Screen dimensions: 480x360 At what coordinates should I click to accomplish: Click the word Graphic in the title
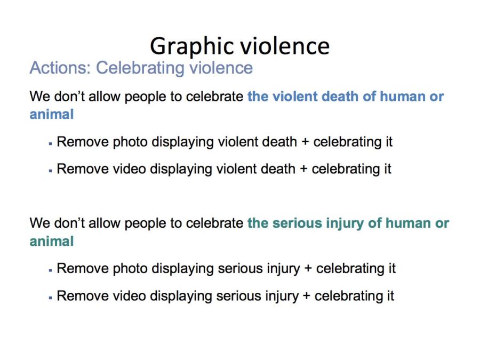pyautogui.click(x=192, y=46)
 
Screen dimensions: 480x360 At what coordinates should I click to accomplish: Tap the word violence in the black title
pyautogui.click(x=285, y=46)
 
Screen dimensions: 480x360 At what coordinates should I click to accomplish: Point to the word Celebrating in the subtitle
pyautogui.click(x=140, y=68)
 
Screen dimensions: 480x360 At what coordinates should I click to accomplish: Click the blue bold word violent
pyautogui.click(x=295, y=97)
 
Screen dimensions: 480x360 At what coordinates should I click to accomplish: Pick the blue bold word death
pyautogui.click(x=340, y=97)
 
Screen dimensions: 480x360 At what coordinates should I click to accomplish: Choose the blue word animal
pyautogui.click(x=52, y=115)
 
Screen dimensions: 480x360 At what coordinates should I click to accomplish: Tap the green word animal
pyautogui.click(x=52, y=241)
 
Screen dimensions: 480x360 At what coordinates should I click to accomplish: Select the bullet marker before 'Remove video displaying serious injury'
pyautogui.click(x=51, y=297)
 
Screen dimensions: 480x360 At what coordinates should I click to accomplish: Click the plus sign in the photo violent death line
pyautogui.click(x=305, y=142)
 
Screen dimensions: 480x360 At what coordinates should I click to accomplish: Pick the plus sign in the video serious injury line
pyautogui.click(x=307, y=297)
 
